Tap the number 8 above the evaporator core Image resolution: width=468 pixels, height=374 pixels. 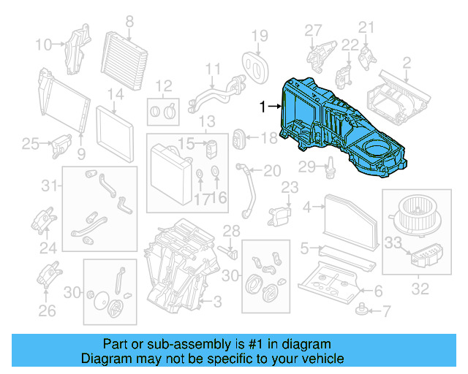coord(129,21)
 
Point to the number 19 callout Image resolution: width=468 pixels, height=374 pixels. coord(260,37)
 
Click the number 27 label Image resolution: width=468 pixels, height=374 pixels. coord(313,30)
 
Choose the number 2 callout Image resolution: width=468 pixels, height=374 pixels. coord(406,63)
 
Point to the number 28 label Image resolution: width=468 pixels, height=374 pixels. coord(231,232)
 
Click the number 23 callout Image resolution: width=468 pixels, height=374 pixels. coord(290,188)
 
